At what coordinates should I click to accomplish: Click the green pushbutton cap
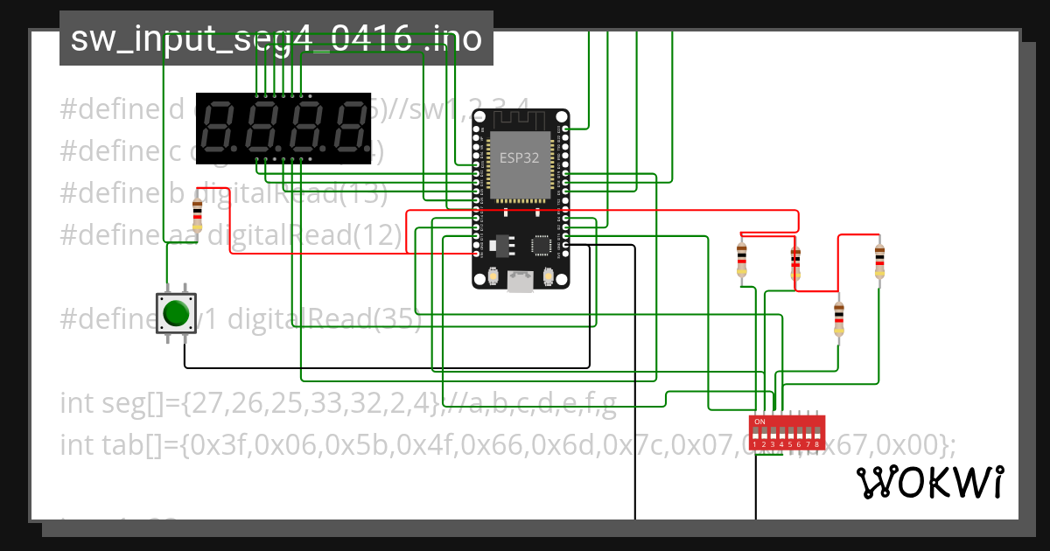177,312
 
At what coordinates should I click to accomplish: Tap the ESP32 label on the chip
519,157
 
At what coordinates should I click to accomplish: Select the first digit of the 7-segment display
216,129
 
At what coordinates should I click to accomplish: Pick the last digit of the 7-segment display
349,129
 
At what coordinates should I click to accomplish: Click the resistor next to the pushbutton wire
197,213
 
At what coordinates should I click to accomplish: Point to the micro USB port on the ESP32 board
521,281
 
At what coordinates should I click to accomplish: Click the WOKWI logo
928,482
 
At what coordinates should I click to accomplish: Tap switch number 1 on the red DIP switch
755,434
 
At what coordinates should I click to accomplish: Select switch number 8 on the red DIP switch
816,434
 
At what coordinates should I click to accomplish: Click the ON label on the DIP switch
759,422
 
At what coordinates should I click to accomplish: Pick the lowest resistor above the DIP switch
839,318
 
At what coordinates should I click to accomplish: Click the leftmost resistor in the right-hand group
742,260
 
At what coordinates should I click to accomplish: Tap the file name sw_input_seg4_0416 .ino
276,38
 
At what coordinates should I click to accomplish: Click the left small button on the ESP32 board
493,276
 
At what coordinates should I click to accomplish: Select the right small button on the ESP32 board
549,276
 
